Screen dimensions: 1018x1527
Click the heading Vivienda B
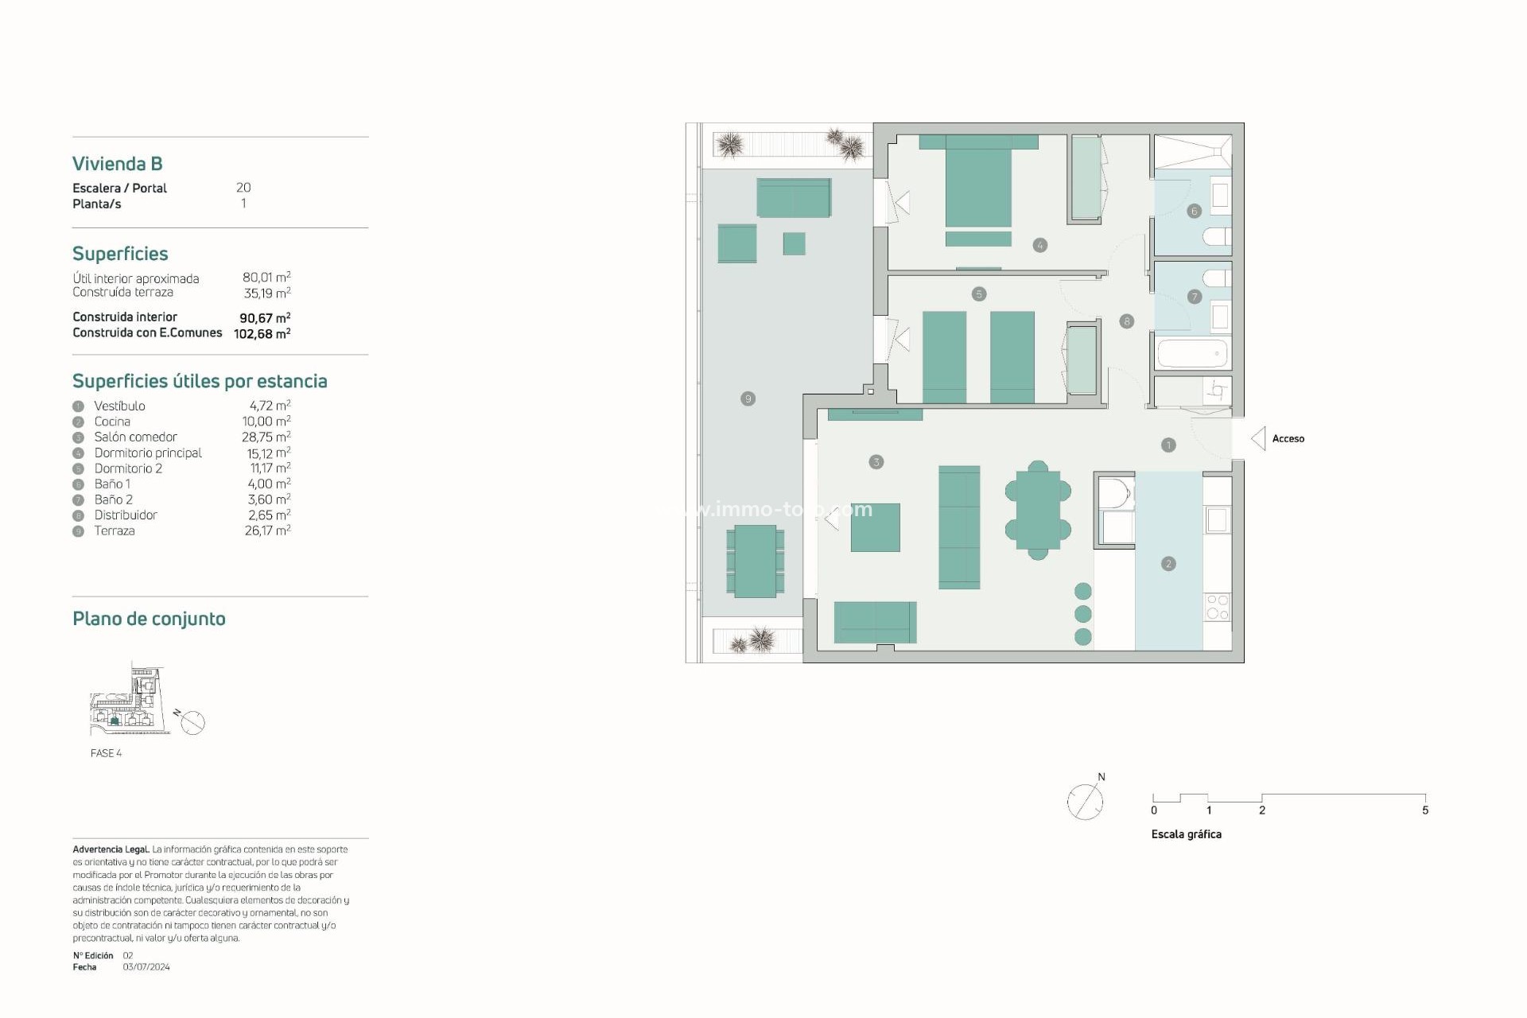pyautogui.click(x=118, y=164)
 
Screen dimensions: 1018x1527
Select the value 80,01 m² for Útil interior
pyautogui.click(x=266, y=278)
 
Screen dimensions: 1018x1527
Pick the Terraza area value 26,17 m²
pyautogui.click(x=267, y=530)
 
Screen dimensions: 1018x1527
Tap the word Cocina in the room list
pyautogui.click(x=112, y=422)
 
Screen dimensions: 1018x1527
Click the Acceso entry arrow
pyautogui.click(x=1258, y=438)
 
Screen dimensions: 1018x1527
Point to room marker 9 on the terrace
pyautogui.click(x=748, y=398)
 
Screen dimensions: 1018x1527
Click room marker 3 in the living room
pyautogui.click(x=876, y=462)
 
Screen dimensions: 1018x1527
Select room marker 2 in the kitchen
pyautogui.click(x=1168, y=564)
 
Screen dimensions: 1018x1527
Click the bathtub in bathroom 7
pyautogui.click(x=1193, y=353)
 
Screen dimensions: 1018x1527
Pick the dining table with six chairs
pyautogui.click(x=1038, y=511)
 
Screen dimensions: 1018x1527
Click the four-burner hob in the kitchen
pyautogui.click(x=1218, y=607)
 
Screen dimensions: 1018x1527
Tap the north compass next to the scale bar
pyautogui.click(x=1086, y=801)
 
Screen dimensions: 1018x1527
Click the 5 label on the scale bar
pyautogui.click(x=1425, y=810)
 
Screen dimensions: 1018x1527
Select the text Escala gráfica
pyautogui.click(x=1186, y=834)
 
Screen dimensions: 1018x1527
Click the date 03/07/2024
pyautogui.click(x=146, y=967)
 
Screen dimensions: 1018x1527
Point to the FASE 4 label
pyautogui.click(x=106, y=753)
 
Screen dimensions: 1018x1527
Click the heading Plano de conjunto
pyautogui.click(x=149, y=619)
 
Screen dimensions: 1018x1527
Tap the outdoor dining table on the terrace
pyautogui.click(x=755, y=561)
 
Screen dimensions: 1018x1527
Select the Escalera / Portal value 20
pyautogui.click(x=243, y=188)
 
